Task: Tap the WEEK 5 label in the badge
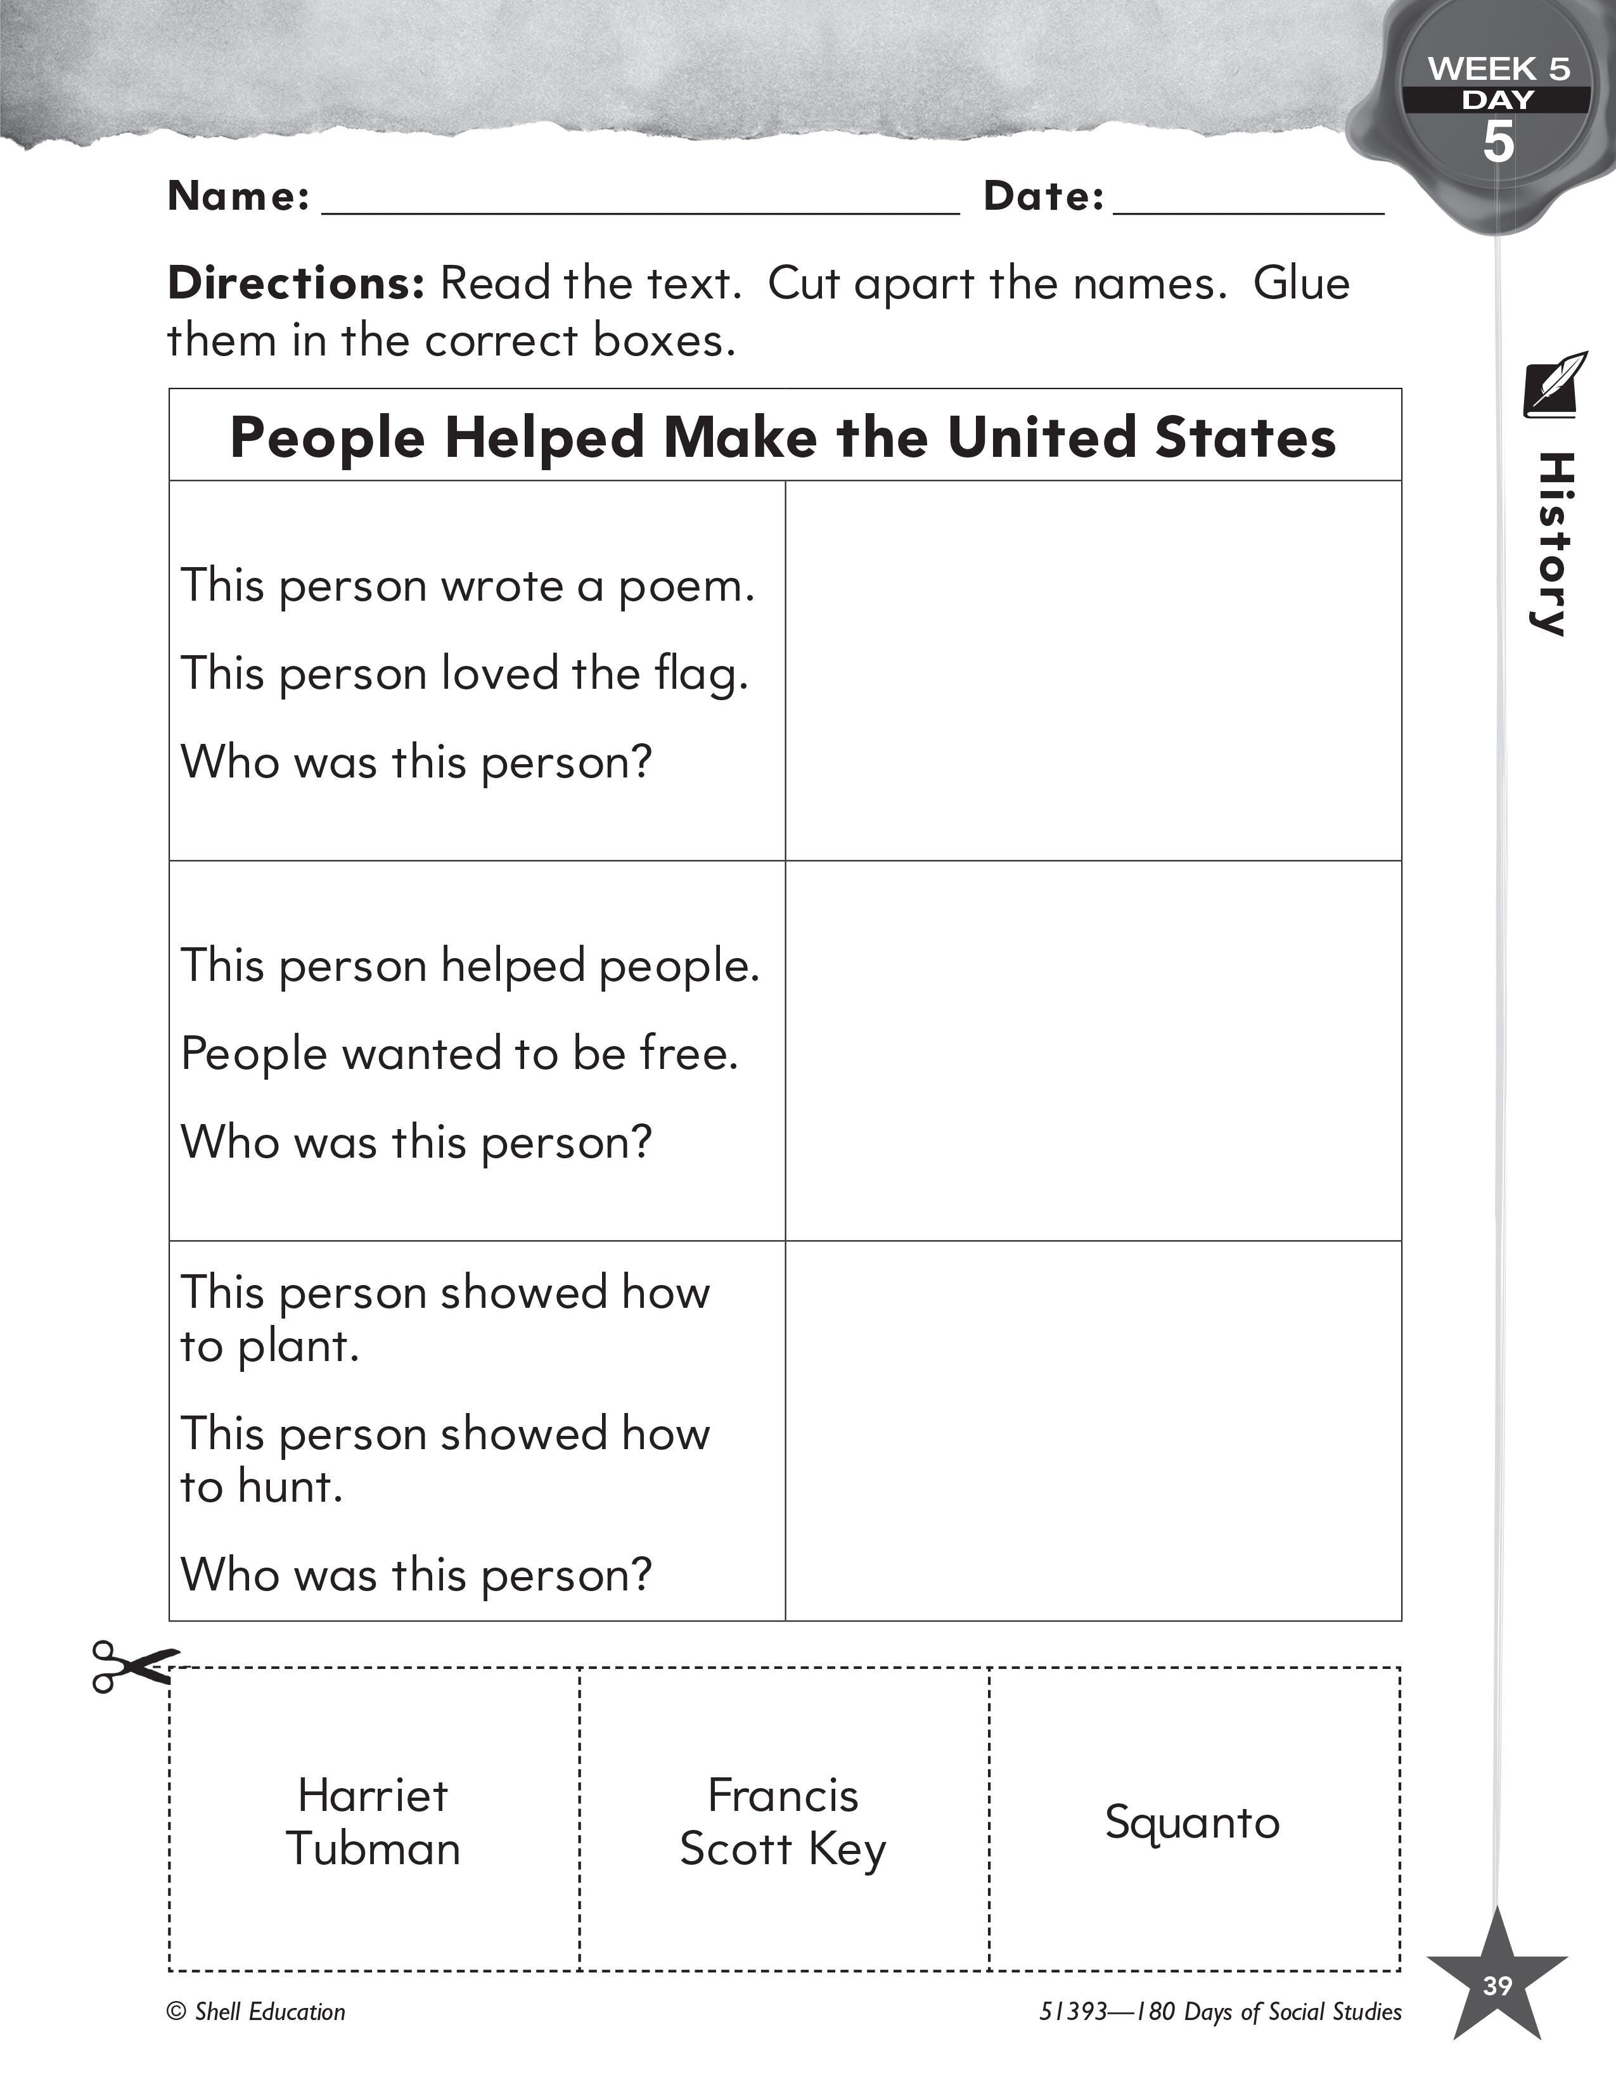click(1498, 69)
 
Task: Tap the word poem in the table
click(686, 586)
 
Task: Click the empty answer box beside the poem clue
click(1093, 670)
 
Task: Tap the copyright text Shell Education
click(257, 2012)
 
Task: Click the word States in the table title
click(1245, 438)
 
